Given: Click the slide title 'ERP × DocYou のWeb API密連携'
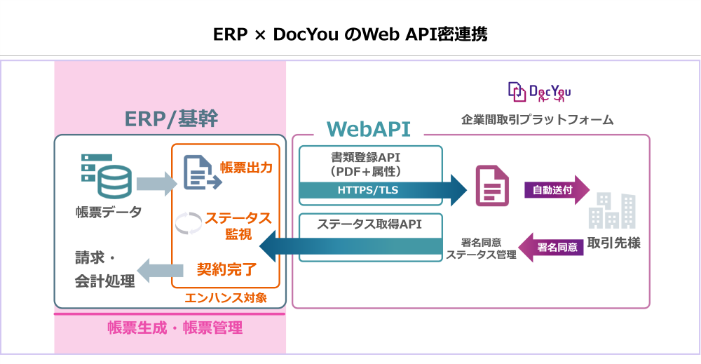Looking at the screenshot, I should point(350,34).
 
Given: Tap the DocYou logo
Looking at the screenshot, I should point(539,91).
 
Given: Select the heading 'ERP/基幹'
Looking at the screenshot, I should point(171,119).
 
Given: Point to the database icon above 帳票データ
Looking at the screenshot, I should point(105,175).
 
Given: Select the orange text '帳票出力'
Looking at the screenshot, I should point(246,167).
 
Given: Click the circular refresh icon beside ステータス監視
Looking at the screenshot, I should point(188,222).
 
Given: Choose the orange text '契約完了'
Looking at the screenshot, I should point(226,268).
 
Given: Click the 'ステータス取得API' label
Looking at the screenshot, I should point(369,224).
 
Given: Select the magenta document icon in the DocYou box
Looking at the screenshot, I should point(491,186).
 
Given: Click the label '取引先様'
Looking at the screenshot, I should point(613,243).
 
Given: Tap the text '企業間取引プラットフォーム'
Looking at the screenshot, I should point(537,120).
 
